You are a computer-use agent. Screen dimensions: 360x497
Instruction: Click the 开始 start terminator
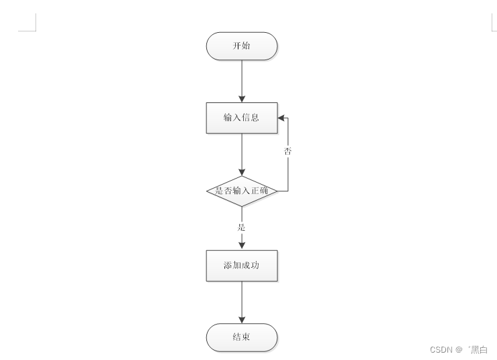pyautogui.click(x=241, y=46)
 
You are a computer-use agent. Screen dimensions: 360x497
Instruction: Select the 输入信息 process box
pyautogui.click(x=241, y=118)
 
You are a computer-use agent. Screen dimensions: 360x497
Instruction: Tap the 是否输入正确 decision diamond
pyautogui.click(x=241, y=191)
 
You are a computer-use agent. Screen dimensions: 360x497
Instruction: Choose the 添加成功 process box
pyautogui.click(x=241, y=266)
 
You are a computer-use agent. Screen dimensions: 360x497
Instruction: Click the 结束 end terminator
pyautogui.click(x=241, y=337)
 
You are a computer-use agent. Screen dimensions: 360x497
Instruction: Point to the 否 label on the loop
pyautogui.click(x=287, y=152)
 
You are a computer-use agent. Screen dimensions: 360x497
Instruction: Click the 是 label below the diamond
pyautogui.click(x=241, y=228)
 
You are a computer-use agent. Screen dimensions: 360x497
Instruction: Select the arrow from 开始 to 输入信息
pyautogui.click(x=242, y=80)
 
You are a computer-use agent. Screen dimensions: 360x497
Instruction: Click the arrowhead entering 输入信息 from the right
pyautogui.click(x=281, y=118)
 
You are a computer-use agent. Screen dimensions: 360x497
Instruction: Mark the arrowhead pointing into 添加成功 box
pyautogui.click(x=242, y=246)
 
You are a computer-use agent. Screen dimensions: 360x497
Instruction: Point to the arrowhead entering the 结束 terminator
pyautogui.click(x=242, y=319)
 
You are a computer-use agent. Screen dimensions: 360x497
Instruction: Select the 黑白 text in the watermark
pyautogui.click(x=479, y=349)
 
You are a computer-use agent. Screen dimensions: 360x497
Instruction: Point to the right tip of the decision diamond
pyautogui.click(x=277, y=191)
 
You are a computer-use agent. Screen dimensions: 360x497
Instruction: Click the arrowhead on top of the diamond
pyautogui.click(x=242, y=172)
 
